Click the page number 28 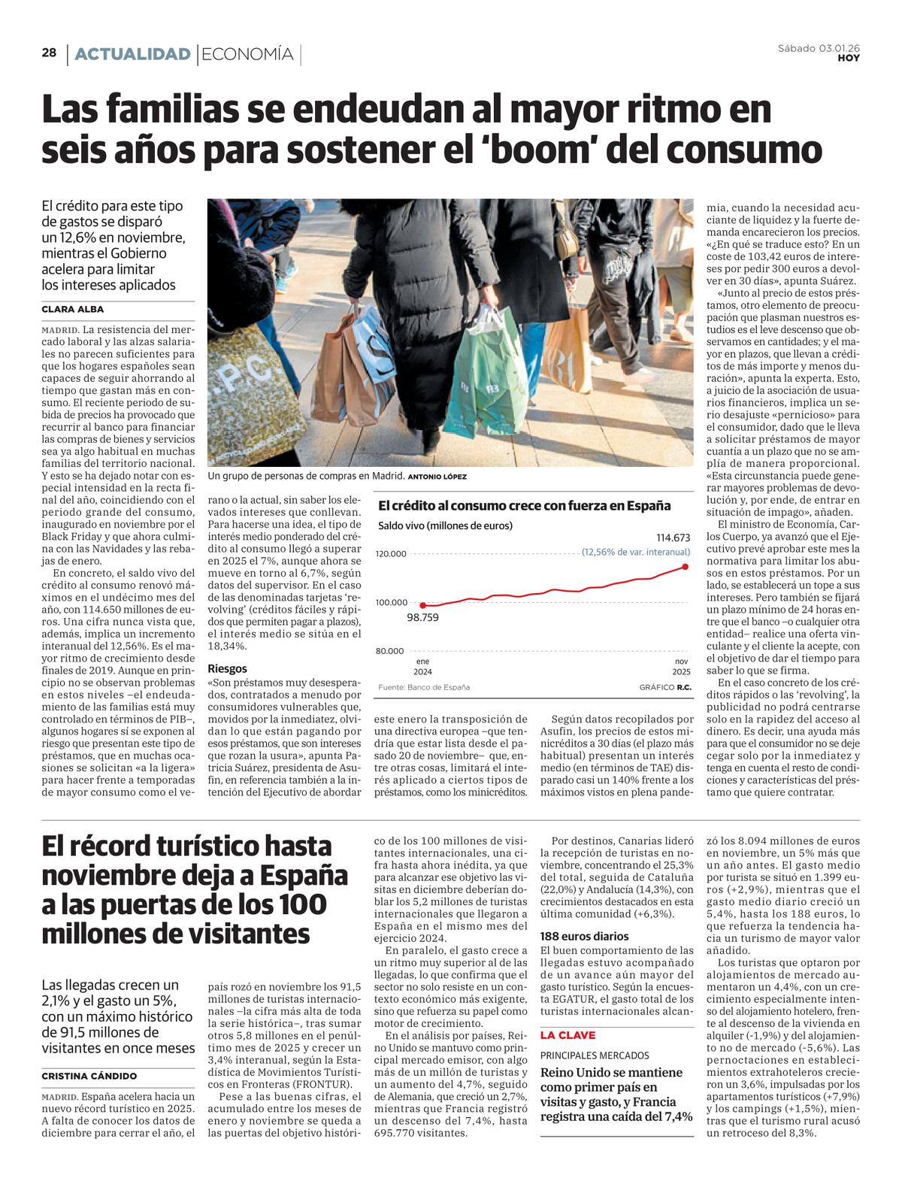tap(49, 53)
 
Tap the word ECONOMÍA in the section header tap(248, 54)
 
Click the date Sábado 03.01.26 tap(819, 48)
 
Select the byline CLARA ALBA tap(73, 309)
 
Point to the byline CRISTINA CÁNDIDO tap(89, 1076)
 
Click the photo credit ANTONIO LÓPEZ tap(437, 477)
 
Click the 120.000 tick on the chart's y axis tap(391, 554)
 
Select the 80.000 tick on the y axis tap(391, 651)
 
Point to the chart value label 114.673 tap(673, 537)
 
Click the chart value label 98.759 tap(422, 617)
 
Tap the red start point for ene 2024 tap(422, 604)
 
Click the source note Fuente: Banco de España tap(424, 687)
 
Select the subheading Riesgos tap(227, 668)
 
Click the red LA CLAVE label tap(568, 1035)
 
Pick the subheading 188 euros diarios tap(584, 936)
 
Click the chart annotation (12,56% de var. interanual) tap(636, 552)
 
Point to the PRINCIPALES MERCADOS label tap(595, 1055)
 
